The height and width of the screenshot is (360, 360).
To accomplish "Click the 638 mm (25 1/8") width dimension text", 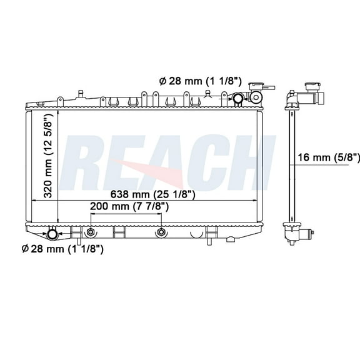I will coord(154,194).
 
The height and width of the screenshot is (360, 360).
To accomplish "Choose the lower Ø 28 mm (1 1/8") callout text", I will coord(62,249).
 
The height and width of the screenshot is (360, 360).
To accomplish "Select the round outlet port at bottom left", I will coord(52,234).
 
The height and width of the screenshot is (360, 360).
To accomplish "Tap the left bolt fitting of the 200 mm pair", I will coord(91,232).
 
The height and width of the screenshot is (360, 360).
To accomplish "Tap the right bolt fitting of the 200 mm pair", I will coord(161,232).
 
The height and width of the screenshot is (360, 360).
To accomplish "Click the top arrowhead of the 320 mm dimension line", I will coord(57,114).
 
